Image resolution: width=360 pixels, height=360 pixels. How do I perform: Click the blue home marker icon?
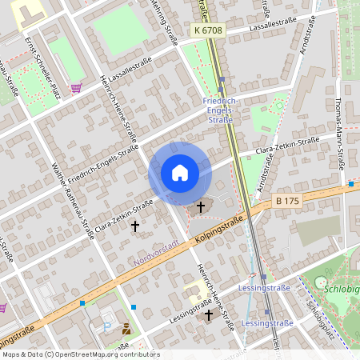[180, 173]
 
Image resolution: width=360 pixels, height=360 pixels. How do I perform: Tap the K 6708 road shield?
[208, 30]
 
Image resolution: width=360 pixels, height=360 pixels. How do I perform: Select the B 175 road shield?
[286, 201]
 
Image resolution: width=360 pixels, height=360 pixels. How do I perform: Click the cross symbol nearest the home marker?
[200, 207]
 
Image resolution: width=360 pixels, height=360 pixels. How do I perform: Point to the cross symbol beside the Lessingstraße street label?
[209, 315]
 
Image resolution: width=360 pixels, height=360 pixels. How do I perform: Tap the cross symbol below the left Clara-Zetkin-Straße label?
[134, 226]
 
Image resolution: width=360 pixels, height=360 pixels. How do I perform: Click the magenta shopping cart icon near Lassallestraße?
[76, 89]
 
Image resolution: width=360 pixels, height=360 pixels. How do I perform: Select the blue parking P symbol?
[108, 326]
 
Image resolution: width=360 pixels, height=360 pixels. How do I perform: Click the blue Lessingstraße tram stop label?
[267, 323]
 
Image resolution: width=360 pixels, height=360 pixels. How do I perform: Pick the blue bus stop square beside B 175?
[350, 184]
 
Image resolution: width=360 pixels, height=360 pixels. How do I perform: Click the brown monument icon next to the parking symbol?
[126, 328]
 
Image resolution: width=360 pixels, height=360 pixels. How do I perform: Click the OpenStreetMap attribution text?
[80, 354]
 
